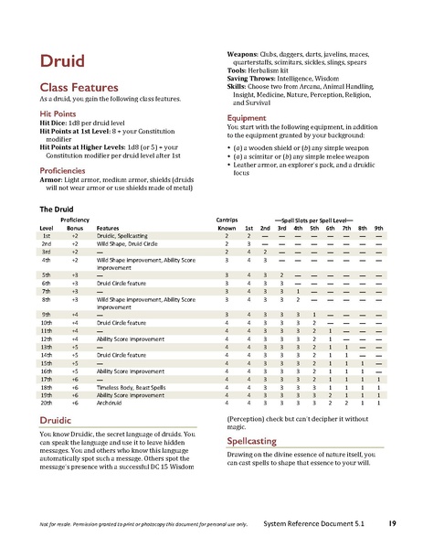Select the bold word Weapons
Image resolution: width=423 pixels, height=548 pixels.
tap(242, 55)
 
